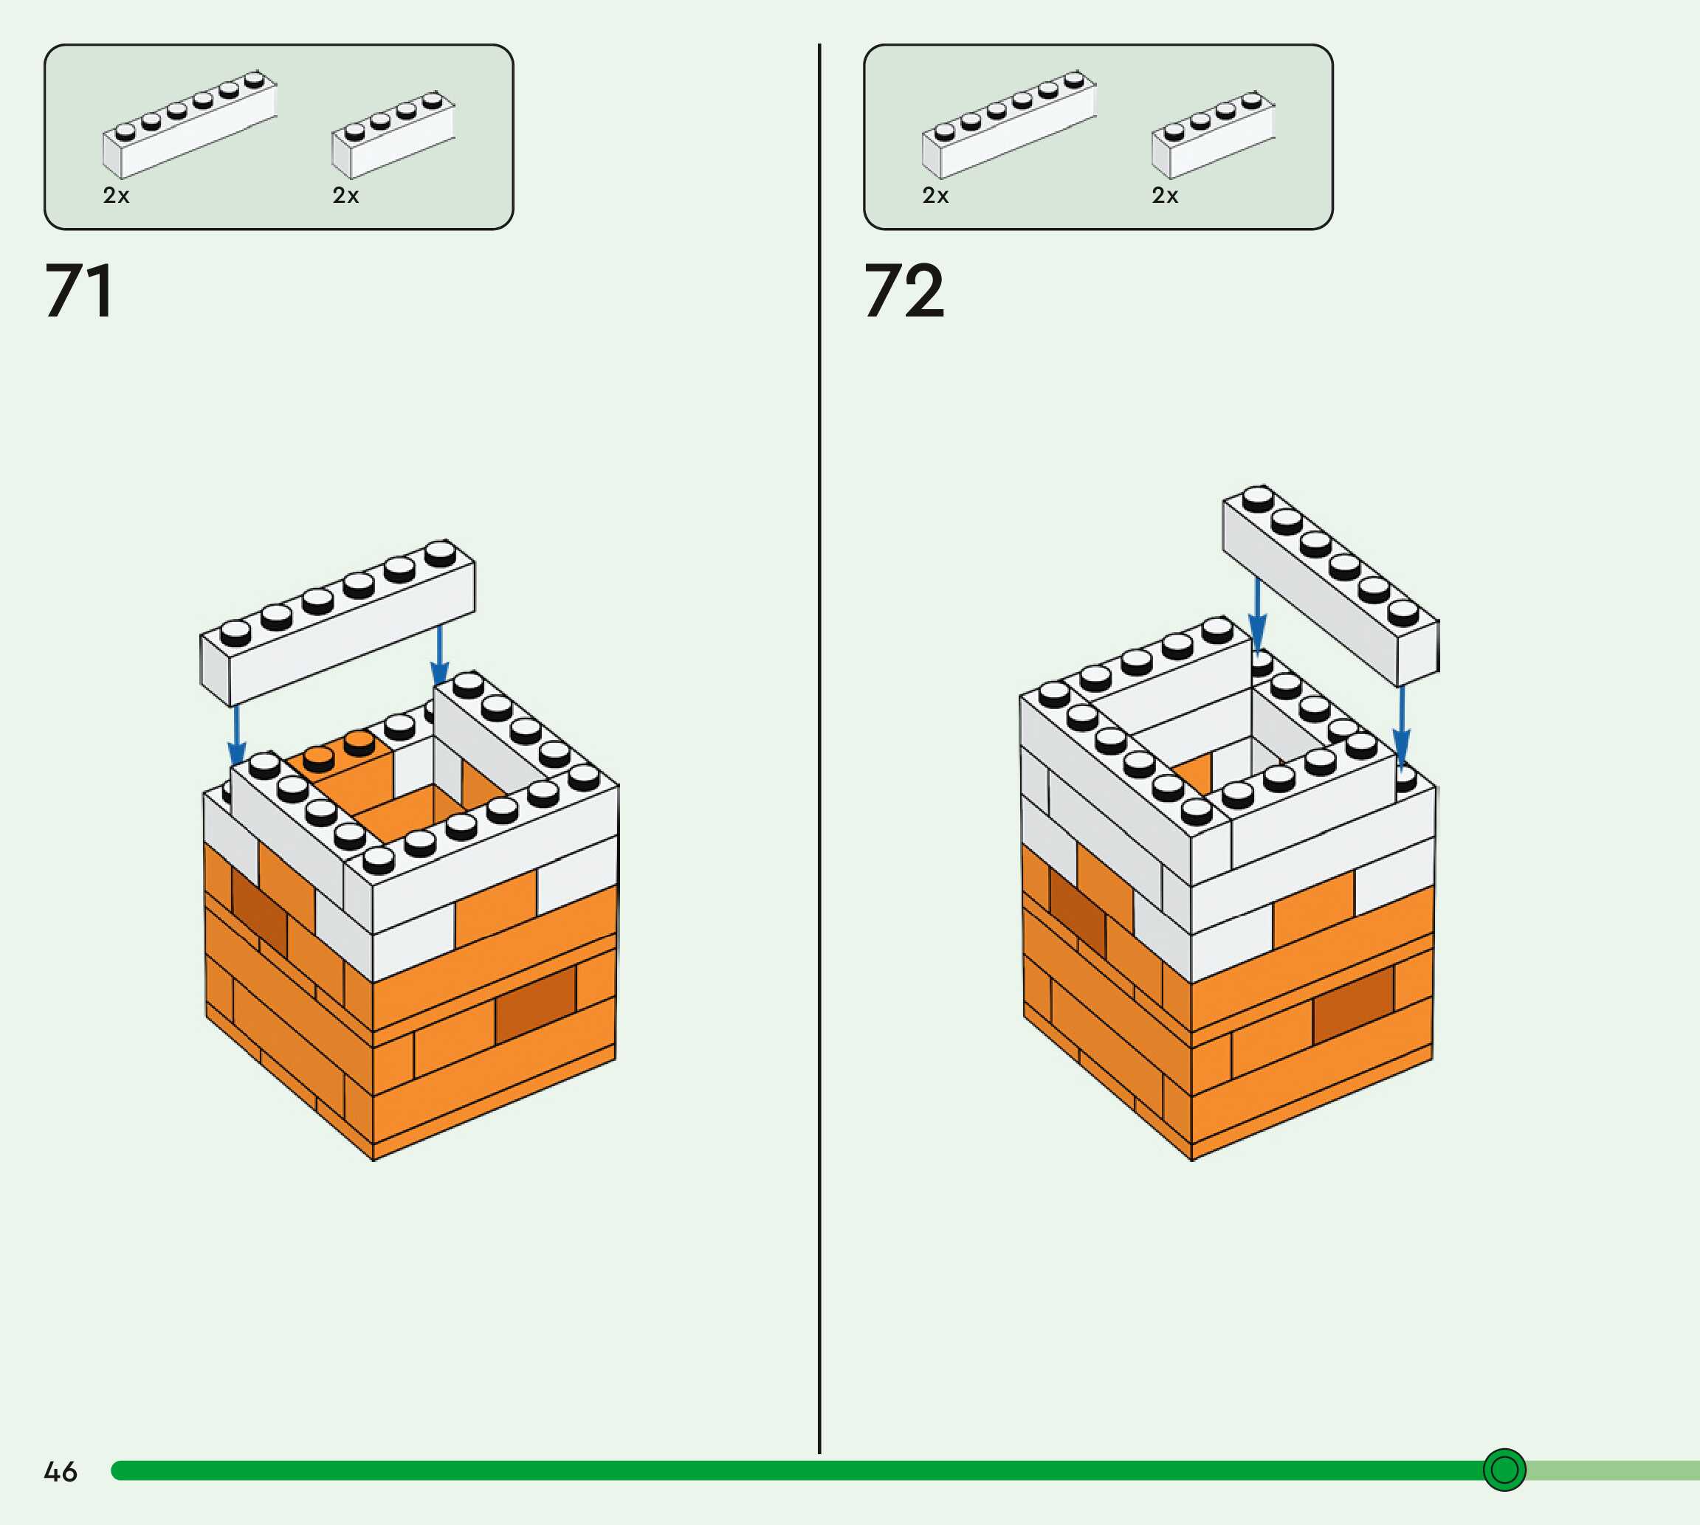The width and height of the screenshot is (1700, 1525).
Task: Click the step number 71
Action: pyautogui.click(x=79, y=291)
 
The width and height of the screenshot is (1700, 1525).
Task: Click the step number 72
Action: pyautogui.click(x=904, y=291)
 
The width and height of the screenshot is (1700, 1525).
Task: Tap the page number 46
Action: pyautogui.click(x=61, y=1471)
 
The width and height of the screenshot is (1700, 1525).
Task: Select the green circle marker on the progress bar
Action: pyautogui.click(x=1504, y=1470)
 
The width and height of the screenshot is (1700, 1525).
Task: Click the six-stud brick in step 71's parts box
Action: pyautogui.click(x=190, y=125)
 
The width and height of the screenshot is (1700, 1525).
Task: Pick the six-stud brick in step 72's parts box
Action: pyautogui.click(x=1008, y=125)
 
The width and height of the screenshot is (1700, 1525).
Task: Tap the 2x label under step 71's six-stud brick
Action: pyautogui.click(x=117, y=196)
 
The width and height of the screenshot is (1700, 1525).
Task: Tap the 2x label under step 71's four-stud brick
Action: pyautogui.click(x=345, y=196)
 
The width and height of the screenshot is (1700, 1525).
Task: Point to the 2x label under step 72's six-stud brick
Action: pyautogui.click(x=935, y=196)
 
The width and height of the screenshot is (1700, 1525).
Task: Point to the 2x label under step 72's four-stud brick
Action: pyautogui.click(x=1164, y=196)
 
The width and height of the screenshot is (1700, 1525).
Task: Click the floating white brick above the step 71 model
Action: pyautogui.click(x=337, y=624)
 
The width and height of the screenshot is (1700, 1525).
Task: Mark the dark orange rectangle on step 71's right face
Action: pyautogui.click(x=535, y=1004)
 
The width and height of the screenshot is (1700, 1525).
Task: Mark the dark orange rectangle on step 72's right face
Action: pyautogui.click(x=1353, y=1004)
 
